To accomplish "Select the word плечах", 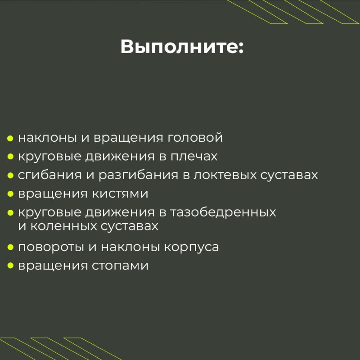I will (194, 157).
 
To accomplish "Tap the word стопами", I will (120, 266).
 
